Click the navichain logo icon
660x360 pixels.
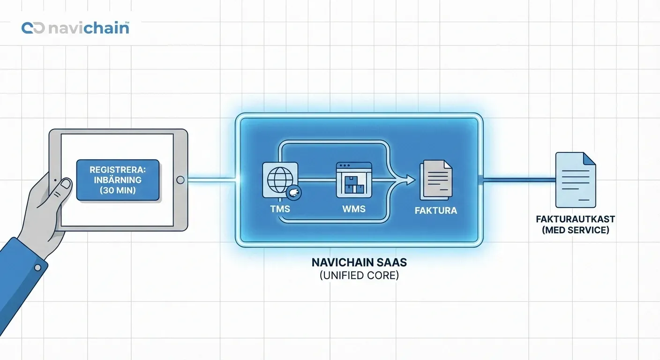point(33,28)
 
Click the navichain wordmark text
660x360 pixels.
point(88,28)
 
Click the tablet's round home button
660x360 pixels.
point(180,180)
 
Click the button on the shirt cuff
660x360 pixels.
point(38,268)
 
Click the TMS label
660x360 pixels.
point(280,209)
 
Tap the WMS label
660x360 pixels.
point(354,209)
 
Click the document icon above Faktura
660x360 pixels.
point(436,180)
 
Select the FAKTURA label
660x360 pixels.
point(436,210)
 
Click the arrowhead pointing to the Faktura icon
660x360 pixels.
point(410,180)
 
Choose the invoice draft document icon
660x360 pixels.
point(575,180)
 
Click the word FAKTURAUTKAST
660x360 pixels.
point(575,219)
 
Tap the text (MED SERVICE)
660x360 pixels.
point(575,230)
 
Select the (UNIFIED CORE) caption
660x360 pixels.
point(359,276)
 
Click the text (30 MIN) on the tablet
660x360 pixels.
point(118,191)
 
